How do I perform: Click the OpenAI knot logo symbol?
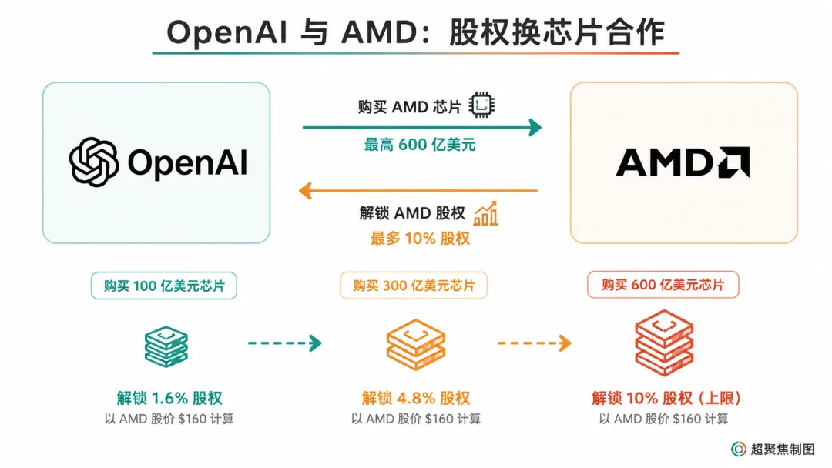94,162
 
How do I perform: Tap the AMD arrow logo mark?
734,162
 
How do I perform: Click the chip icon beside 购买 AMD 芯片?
481,105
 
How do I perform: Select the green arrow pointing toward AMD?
422,127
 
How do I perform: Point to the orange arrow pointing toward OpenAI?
418,190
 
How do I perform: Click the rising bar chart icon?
485,213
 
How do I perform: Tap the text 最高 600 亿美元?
420,145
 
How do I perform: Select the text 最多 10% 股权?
420,239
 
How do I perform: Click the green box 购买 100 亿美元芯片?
164,286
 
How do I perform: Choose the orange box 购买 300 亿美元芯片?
414,286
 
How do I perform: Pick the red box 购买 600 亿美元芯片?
663,285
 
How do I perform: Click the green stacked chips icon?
166,346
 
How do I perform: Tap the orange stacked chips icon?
415,345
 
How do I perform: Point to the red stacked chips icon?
664,343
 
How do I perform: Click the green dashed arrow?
285,343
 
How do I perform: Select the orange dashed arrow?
534,343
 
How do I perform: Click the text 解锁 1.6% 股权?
169,398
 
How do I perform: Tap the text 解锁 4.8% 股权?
416,398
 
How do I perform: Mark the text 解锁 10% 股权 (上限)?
666,398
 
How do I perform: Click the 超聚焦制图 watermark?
773,450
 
